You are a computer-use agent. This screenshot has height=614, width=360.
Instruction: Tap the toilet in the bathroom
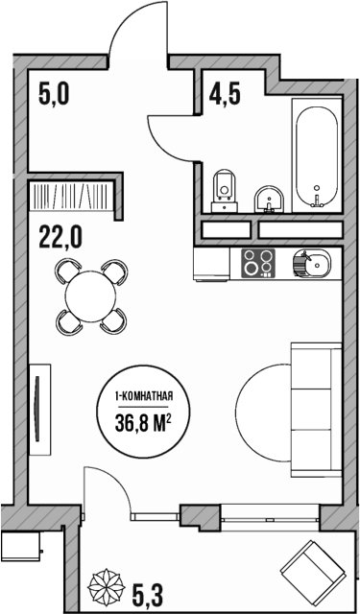click(225, 187)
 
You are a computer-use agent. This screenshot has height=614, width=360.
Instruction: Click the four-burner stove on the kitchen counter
click(257, 262)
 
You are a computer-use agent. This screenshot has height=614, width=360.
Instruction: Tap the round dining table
click(90, 296)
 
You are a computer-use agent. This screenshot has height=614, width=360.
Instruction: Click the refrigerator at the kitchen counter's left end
click(210, 262)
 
